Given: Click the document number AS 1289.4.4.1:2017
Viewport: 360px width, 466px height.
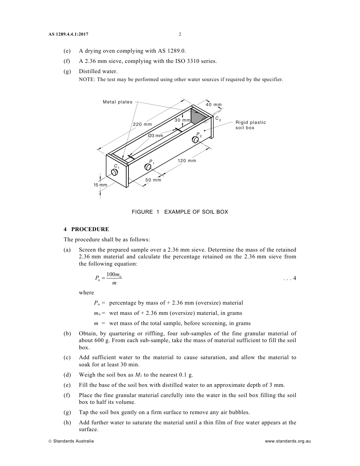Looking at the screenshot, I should pos(68,34).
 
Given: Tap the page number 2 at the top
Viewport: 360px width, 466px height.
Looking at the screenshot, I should pos(180,34).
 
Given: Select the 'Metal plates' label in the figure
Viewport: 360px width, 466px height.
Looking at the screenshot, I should pos(117,102).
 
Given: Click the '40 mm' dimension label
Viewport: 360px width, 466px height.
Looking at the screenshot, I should pos(214,105).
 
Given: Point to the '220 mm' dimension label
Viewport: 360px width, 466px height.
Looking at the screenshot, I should pos(142,124).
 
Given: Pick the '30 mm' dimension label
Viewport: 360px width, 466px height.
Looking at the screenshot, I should pos(182,120).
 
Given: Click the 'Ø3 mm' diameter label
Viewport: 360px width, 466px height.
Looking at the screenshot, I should pos(155,136).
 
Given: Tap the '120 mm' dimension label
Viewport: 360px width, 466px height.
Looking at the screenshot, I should pos(187,161).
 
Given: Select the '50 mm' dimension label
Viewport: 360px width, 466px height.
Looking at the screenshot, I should pos(153,180).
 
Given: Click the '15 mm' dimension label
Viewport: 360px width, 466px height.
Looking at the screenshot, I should pos(100,185).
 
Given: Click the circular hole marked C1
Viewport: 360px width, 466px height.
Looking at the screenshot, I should pos(114,172).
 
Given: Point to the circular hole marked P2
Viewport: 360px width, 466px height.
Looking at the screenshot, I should pos(196,140).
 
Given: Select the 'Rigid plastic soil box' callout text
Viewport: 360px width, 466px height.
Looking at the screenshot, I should pos(250,125).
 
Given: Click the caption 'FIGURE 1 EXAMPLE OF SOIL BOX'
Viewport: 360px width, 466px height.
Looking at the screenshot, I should pos(180,212).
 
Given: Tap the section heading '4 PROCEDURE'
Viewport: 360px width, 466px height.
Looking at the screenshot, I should pos(86,229).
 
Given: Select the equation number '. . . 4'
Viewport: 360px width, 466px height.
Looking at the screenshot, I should pos(290,278).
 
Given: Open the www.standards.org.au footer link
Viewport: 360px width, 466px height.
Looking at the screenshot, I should pos(288,441).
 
